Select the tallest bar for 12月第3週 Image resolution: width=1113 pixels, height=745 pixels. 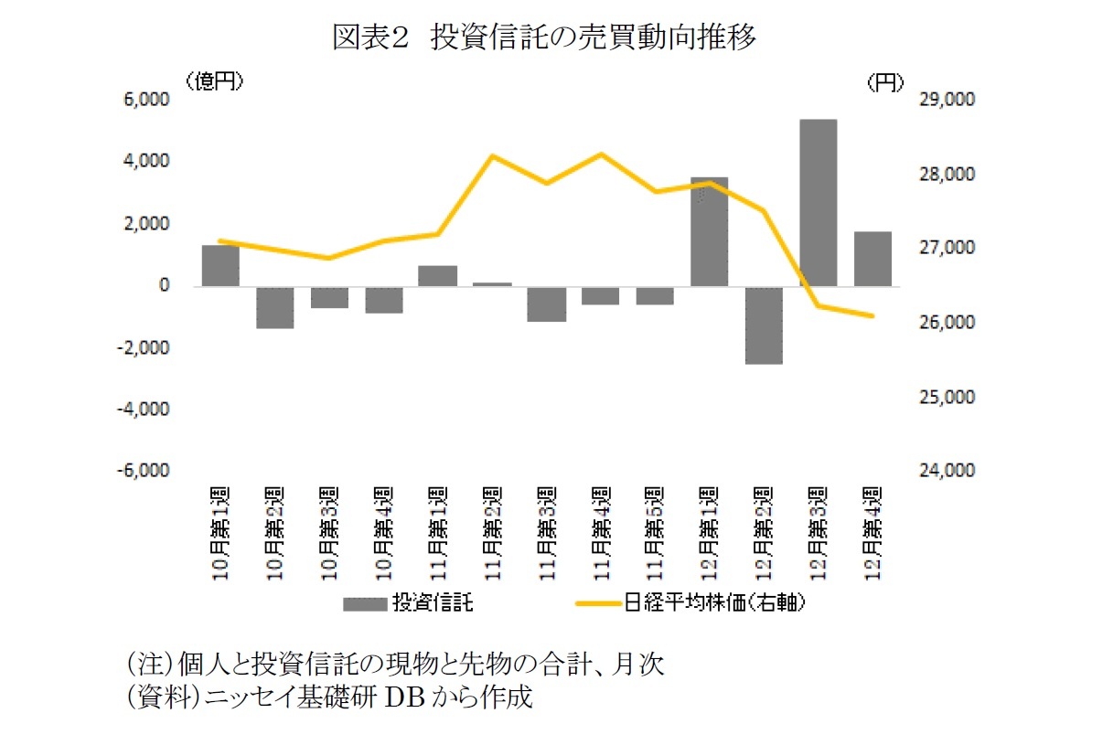[x=819, y=203]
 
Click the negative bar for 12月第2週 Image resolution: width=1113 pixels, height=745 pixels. [x=764, y=325]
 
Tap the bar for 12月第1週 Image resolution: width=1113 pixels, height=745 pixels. [x=710, y=232]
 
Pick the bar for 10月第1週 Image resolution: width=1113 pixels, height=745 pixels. [x=220, y=266]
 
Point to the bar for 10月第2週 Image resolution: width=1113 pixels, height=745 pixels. [x=274, y=307]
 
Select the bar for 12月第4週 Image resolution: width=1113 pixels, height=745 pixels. [x=872, y=260]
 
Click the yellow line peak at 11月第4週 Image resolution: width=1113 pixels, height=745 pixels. [x=601, y=154]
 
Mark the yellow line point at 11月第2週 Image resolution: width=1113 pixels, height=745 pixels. [x=492, y=156]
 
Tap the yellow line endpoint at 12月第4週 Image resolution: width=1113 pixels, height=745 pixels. [x=872, y=316]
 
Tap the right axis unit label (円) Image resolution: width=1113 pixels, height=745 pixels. [x=884, y=82]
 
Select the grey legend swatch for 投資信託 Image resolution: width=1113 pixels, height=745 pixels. [x=366, y=603]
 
